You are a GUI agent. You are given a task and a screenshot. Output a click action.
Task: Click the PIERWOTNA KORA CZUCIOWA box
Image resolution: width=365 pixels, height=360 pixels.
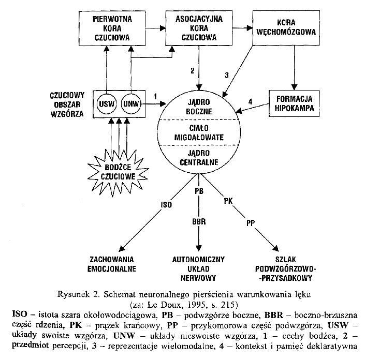coord(112,28)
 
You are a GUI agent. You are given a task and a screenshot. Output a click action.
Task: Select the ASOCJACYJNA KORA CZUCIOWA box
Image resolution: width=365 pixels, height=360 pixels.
coord(199,28)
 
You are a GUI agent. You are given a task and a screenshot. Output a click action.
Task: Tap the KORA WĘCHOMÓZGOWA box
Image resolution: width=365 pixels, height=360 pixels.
coord(286,28)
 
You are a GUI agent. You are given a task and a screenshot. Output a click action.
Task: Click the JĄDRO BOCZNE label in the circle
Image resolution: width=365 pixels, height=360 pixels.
coord(199,106)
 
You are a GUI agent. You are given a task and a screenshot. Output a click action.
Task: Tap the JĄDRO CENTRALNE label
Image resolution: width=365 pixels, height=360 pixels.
coord(199,158)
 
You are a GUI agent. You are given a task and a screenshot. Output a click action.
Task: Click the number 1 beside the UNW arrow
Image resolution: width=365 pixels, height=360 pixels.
coord(155,96)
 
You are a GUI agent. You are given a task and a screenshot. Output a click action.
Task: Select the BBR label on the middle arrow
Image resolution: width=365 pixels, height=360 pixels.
coord(199,221)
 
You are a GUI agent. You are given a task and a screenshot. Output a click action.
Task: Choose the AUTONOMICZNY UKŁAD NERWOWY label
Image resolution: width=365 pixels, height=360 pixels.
coord(199,267)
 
